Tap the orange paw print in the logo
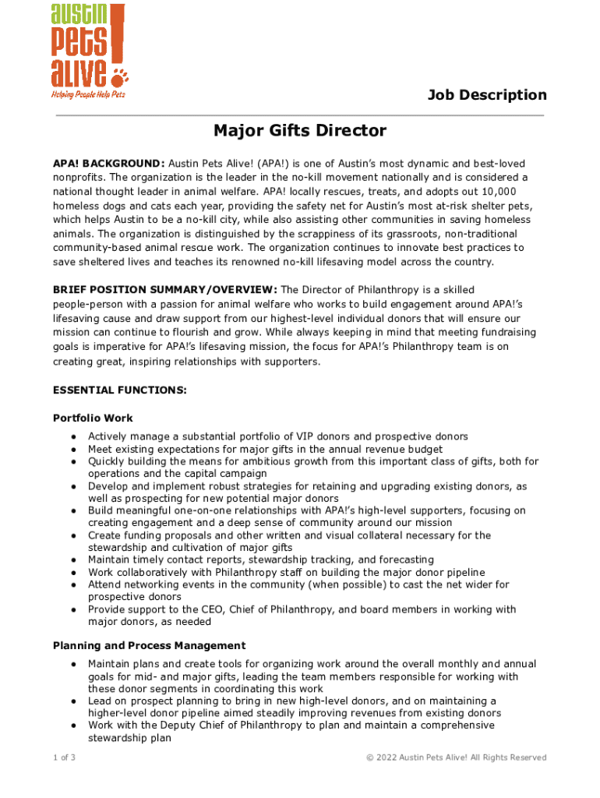[x=121, y=76]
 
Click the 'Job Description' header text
[x=487, y=95]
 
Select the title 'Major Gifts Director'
[x=300, y=131]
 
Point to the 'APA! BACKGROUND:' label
[x=108, y=164]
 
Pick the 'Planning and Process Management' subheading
[x=149, y=645]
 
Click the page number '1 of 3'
[x=64, y=757]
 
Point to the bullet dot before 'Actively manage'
[x=72, y=436]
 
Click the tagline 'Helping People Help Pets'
[x=88, y=94]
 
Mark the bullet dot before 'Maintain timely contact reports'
[x=72, y=560]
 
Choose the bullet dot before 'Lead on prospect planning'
[x=72, y=701]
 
